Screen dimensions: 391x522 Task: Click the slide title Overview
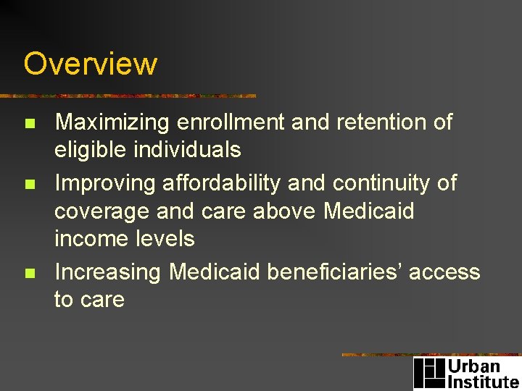point(90,64)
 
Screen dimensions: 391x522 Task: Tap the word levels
point(167,238)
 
